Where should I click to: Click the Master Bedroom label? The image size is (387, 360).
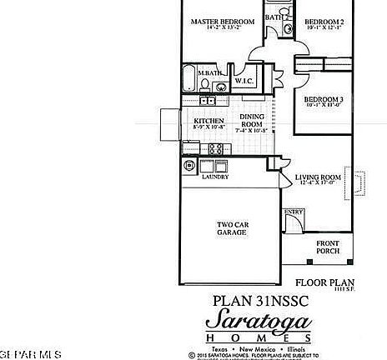coord(222,22)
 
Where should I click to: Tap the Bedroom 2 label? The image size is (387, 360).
coord(324,22)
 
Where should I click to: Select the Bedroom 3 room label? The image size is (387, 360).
coord(324,100)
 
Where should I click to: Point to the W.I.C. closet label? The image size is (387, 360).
coord(244,82)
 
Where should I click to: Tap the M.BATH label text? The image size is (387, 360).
coord(209,73)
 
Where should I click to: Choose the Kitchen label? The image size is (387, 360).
coord(209,121)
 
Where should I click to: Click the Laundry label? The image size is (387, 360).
coord(214,177)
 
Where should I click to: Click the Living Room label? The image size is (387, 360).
coord(319,177)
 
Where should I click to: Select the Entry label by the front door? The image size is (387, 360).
coord(294,212)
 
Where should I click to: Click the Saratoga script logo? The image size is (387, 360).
coord(260,321)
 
